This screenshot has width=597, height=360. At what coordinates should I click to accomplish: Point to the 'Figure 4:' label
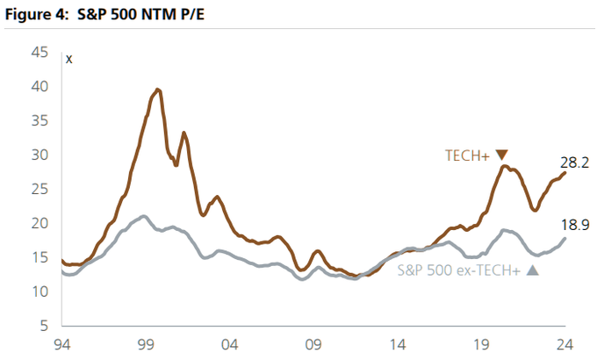(x=37, y=13)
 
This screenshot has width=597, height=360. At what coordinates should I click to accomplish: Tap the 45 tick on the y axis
(x=40, y=53)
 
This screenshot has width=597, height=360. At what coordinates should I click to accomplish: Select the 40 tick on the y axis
(x=40, y=87)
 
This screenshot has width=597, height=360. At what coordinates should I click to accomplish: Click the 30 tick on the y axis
(x=40, y=155)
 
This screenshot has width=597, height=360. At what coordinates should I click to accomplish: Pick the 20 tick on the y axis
(x=40, y=224)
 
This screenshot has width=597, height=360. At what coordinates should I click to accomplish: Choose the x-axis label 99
(x=147, y=343)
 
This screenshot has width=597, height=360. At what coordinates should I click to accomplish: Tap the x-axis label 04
(x=230, y=343)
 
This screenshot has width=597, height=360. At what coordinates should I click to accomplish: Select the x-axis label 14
(x=398, y=343)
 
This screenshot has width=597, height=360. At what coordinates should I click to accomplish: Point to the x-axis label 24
(x=565, y=343)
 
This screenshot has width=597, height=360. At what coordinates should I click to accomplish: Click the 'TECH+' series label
(x=467, y=155)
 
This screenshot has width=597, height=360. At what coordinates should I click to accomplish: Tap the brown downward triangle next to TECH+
(x=501, y=155)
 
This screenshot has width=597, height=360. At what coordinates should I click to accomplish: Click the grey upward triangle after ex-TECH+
(x=531, y=270)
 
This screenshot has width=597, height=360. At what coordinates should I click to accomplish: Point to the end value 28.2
(x=574, y=162)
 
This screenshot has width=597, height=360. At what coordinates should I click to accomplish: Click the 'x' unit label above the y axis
(x=69, y=59)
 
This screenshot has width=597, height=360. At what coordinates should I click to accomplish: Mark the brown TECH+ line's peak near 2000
(x=157, y=90)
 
